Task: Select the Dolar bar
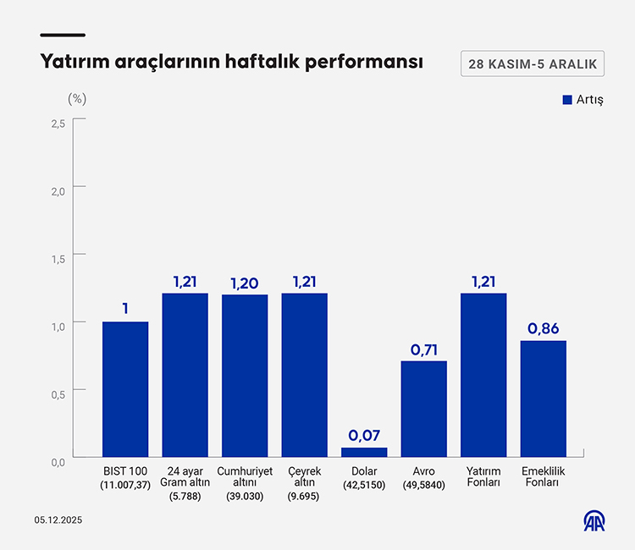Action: point(365,453)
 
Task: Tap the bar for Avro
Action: point(424,409)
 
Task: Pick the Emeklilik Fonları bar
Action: point(544,399)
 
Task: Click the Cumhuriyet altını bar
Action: point(245,376)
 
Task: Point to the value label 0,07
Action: point(365,436)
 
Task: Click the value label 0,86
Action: point(544,328)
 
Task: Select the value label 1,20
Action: point(245,282)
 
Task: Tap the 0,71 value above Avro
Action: point(424,349)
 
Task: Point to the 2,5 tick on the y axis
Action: point(58,124)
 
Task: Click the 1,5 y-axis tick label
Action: point(58,259)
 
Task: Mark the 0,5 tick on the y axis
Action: point(58,394)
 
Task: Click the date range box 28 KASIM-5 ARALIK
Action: point(533,63)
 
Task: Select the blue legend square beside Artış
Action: point(567,100)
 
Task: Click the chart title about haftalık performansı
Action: point(231,63)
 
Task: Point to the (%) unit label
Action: point(77,98)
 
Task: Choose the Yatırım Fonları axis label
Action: point(484,476)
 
